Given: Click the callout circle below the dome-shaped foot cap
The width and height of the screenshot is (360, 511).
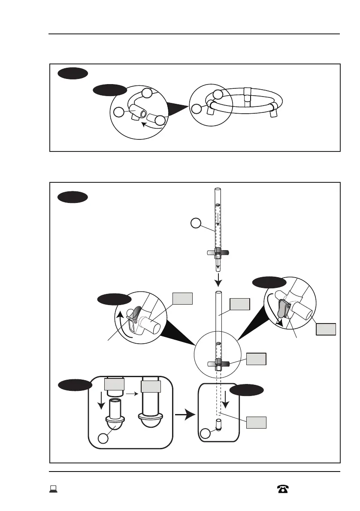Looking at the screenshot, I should (x=103, y=438).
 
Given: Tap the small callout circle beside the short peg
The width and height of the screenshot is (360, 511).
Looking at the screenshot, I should (x=206, y=433).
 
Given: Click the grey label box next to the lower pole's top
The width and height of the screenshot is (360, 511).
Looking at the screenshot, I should (x=240, y=304).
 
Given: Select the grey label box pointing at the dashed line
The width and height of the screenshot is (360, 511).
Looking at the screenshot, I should (x=256, y=423).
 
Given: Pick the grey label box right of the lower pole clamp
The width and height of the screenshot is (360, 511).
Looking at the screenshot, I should (x=256, y=360).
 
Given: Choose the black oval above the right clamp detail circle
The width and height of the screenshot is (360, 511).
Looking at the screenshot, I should (x=269, y=282).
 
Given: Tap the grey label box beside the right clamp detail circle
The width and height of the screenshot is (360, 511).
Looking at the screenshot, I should (x=326, y=330).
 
